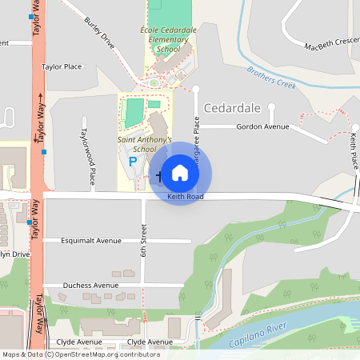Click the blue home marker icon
(x=180, y=172)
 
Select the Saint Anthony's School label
(x=145, y=144)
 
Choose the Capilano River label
(x=258, y=335)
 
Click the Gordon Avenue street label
(x=262, y=126)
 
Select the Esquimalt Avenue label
(x=92, y=240)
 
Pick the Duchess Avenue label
(x=91, y=285)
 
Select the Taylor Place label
(x=62, y=67)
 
